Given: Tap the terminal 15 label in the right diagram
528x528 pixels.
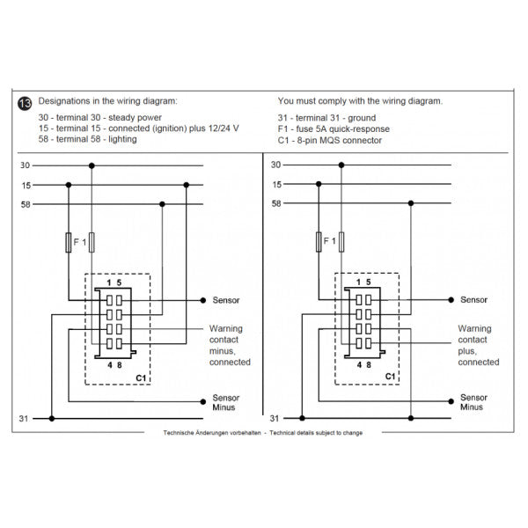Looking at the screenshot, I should point(276,185).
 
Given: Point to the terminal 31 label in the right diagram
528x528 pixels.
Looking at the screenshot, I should point(275,419).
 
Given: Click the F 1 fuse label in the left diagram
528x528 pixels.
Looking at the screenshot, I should point(80,239).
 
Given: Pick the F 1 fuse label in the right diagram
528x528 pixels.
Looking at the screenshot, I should point(329,239).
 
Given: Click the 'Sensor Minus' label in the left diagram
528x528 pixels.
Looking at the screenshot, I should point(226,402).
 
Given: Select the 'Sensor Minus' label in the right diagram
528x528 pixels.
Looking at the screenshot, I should point(474,402).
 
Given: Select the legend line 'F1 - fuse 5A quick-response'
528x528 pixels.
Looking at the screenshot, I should point(338,128).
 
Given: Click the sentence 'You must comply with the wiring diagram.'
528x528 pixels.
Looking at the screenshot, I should point(360,101).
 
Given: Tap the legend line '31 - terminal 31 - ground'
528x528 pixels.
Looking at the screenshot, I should point(326,117).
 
